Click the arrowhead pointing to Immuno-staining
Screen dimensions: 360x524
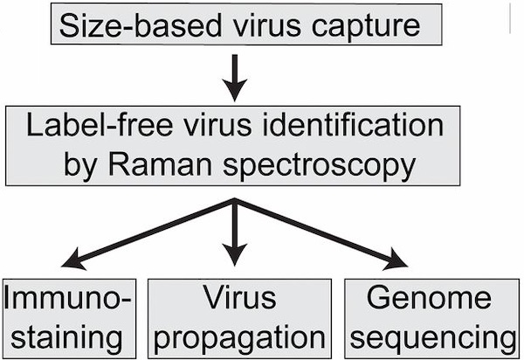pyautogui.click(x=74, y=260)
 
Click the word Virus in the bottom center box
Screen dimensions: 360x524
pyautogui.click(x=235, y=299)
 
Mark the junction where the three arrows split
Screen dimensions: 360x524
pyautogui.click(x=235, y=201)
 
